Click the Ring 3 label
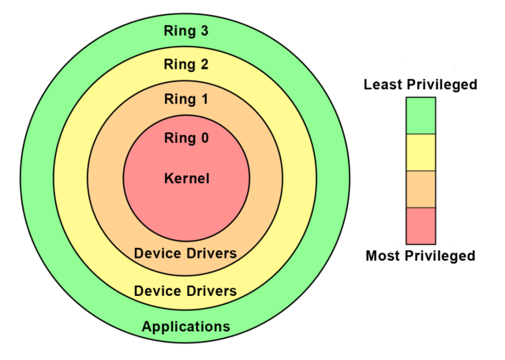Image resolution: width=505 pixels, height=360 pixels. [186, 32]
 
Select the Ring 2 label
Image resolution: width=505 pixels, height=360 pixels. [186, 65]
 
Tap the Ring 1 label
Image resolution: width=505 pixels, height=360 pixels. [186, 99]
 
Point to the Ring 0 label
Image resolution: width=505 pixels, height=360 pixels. [186, 138]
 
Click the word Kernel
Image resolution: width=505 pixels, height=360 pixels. [186, 178]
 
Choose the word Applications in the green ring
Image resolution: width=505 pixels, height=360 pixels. [185, 327]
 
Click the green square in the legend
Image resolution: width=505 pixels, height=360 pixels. [421, 115]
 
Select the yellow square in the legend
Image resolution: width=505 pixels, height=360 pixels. [421, 152]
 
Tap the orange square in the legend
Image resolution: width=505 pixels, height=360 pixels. [421, 189]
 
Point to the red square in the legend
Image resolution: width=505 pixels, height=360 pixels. [421, 226]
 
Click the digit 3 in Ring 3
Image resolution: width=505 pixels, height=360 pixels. [204, 32]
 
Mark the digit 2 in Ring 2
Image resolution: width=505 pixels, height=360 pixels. [204, 65]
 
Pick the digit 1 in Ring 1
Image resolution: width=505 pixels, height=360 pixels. [204, 99]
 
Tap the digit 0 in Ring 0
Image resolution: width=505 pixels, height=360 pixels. [204, 138]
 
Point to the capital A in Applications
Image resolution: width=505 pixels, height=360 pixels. [147, 327]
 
